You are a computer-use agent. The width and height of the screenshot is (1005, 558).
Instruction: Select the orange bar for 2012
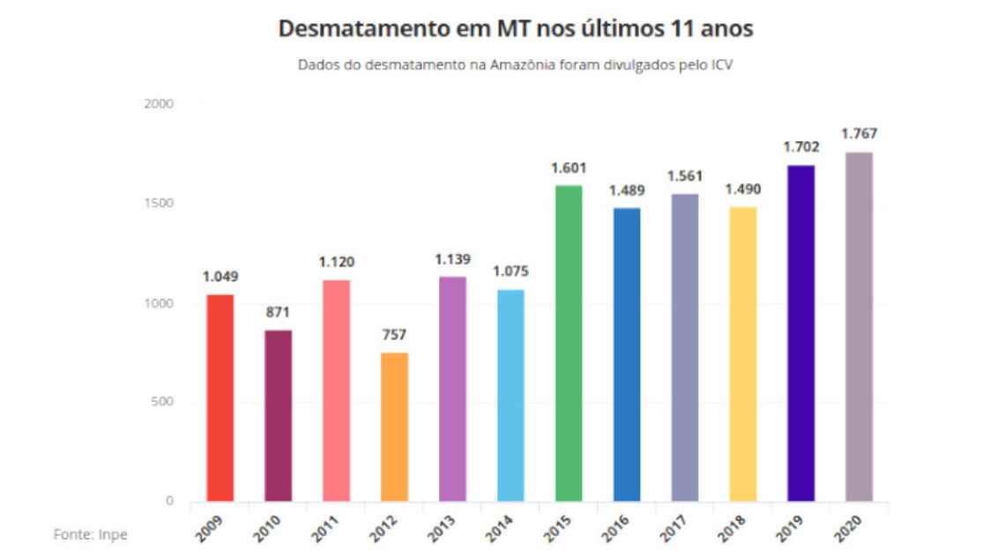(394, 428)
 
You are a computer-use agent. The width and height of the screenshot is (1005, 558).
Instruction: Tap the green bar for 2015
(569, 344)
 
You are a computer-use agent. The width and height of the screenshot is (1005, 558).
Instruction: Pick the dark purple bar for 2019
(801, 334)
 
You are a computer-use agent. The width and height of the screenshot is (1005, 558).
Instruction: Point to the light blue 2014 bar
(510, 397)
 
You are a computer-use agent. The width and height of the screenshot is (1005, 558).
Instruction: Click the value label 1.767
(859, 134)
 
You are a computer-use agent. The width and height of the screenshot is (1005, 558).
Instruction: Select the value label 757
(394, 335)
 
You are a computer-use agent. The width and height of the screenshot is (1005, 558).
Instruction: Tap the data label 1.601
(569, 167)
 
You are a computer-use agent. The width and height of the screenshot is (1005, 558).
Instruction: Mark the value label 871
(278, 312)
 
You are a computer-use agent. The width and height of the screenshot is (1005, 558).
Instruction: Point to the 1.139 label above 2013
(452, 259)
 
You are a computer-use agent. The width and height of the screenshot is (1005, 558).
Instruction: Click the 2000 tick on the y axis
(161, 104)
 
